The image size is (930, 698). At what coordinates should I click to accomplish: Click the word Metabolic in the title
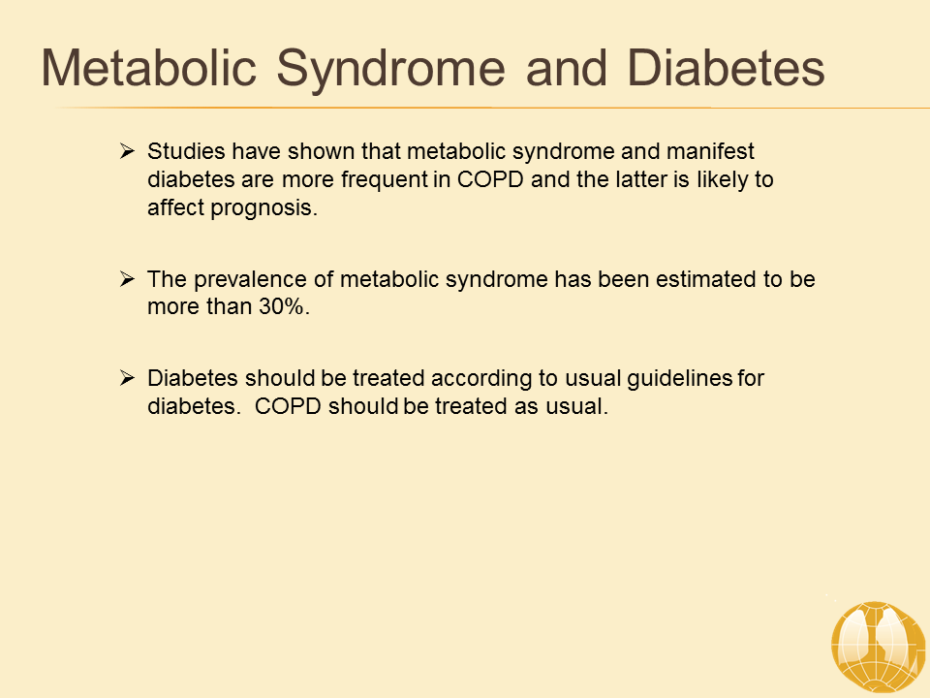click(x=149, y=68)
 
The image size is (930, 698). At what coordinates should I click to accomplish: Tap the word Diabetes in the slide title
click(x=726, y=68)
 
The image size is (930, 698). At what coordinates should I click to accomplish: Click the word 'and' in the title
click(x=567, y=68)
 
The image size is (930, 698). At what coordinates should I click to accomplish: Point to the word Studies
click(x=186, y=151)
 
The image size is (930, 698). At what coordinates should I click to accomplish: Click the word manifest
click(x=710, y=151)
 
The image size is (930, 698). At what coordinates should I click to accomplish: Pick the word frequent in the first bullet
click(x=384, y=180)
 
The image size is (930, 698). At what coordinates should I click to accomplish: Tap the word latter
click(x=640, y=179)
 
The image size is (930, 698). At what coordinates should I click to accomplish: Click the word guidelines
click(x=679, y=379)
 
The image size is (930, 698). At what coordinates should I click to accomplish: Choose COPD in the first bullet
click(x=490, y=179)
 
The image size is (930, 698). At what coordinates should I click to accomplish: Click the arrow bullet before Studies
click(x=127, y=151)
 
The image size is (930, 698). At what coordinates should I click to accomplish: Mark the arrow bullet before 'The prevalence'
click(x=127, y=278)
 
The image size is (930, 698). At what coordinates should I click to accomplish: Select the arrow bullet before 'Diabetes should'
click(x=127, y=377)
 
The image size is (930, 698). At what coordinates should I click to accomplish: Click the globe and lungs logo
click(x=878, y=647)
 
